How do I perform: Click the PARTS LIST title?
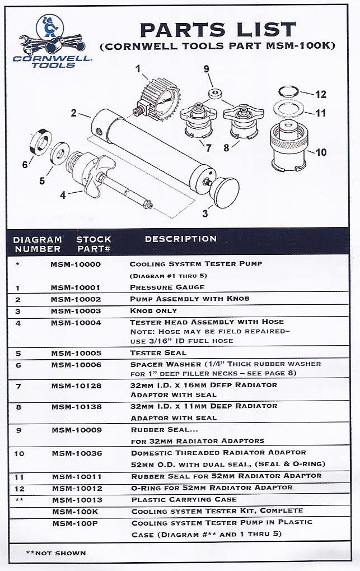click(217, 29)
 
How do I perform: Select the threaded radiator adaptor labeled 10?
click(290, 147)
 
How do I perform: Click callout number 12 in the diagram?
click(320, 94)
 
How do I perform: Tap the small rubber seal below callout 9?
click(213, 92)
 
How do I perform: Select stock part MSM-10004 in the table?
click(75, 322)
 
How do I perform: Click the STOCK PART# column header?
click(93, 244)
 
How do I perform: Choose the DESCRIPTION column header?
click(180, 239)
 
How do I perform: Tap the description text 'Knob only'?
click(153, 310)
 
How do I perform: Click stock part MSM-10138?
click(75, 406)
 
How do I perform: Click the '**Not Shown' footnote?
click(56, 553)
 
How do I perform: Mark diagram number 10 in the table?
click(20, 453)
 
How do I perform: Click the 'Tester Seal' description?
click(158, 353)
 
